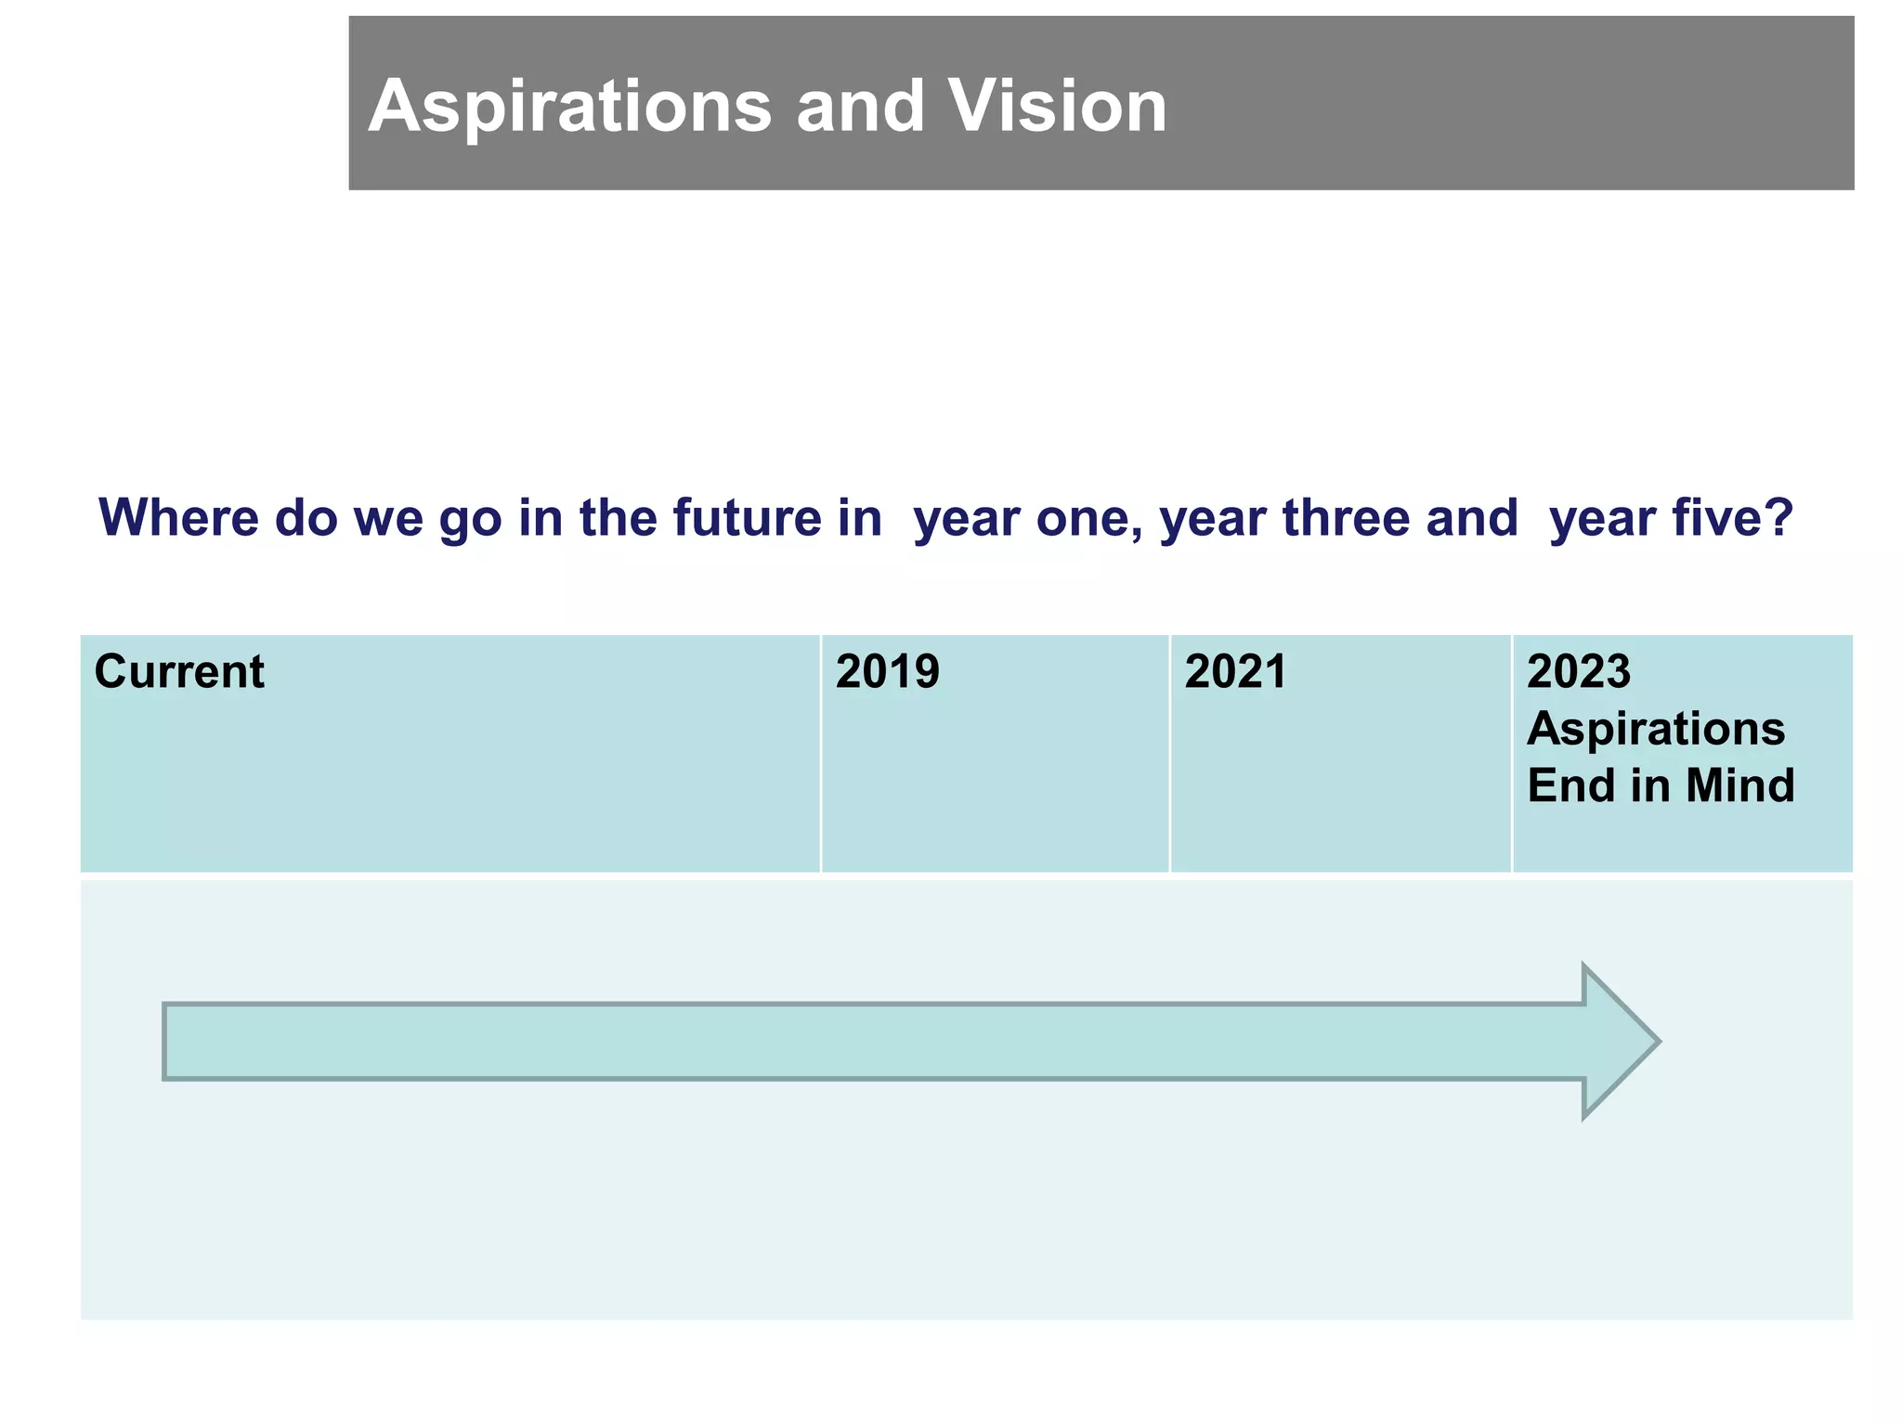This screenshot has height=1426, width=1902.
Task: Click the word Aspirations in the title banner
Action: [x=569, y=107]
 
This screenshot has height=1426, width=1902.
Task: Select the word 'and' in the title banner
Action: [x=860, y=107]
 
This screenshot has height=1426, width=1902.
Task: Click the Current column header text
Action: [x=179, y=671]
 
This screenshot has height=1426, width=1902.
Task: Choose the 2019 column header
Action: [x=887, y=671]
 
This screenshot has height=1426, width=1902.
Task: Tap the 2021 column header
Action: [x=1235, y=671]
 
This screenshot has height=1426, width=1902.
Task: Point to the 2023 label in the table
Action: [x=1578, y=671]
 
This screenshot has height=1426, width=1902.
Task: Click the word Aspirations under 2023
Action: [x=1655, y=729]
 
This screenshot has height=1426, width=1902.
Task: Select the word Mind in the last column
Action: [x=1739, y=785]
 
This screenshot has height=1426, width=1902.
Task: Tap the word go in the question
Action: [x=469, y=519]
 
